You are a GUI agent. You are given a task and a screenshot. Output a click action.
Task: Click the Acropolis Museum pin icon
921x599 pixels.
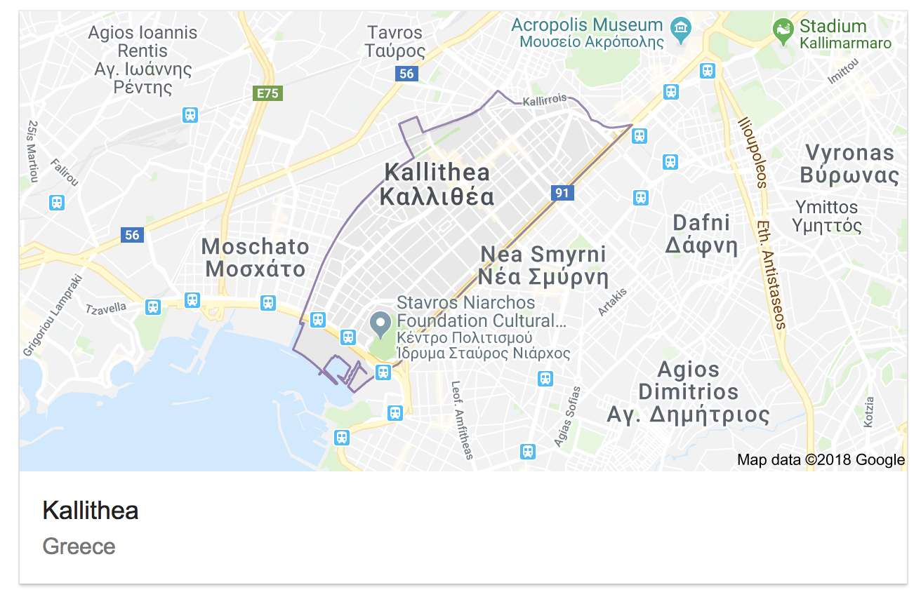pos(681,29)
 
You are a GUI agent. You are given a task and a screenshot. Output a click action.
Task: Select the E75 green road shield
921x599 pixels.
pos(267,93)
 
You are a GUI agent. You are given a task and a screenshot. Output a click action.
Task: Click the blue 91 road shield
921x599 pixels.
pos(562,193)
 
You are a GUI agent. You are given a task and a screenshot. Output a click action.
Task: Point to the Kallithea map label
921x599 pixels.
pos(437,184)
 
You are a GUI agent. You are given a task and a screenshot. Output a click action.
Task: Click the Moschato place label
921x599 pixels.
pos(255,257)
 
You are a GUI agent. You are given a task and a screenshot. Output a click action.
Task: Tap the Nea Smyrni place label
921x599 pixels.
pos(543,265)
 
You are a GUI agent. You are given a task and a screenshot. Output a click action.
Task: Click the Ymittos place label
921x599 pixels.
pos(826,216)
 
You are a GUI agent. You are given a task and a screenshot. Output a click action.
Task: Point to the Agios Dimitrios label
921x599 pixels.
pos(688,392)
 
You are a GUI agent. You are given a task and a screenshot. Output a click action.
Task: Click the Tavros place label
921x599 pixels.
pos(395,41)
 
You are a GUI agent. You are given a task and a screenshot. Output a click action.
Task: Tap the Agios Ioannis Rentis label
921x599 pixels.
pos(143,60)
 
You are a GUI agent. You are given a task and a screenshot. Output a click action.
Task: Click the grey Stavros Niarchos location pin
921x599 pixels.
pos(380,323)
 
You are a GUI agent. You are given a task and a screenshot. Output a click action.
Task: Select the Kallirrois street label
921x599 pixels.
pos(544,100)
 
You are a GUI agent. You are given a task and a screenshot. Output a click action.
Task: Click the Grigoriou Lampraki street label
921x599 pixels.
pos(53,315)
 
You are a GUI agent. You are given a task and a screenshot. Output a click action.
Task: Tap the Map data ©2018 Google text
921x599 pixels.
pos(821,460)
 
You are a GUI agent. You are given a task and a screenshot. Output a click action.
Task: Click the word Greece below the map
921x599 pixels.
pos(79,546)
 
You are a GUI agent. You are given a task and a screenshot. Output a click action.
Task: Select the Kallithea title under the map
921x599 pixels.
pos(91,510)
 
